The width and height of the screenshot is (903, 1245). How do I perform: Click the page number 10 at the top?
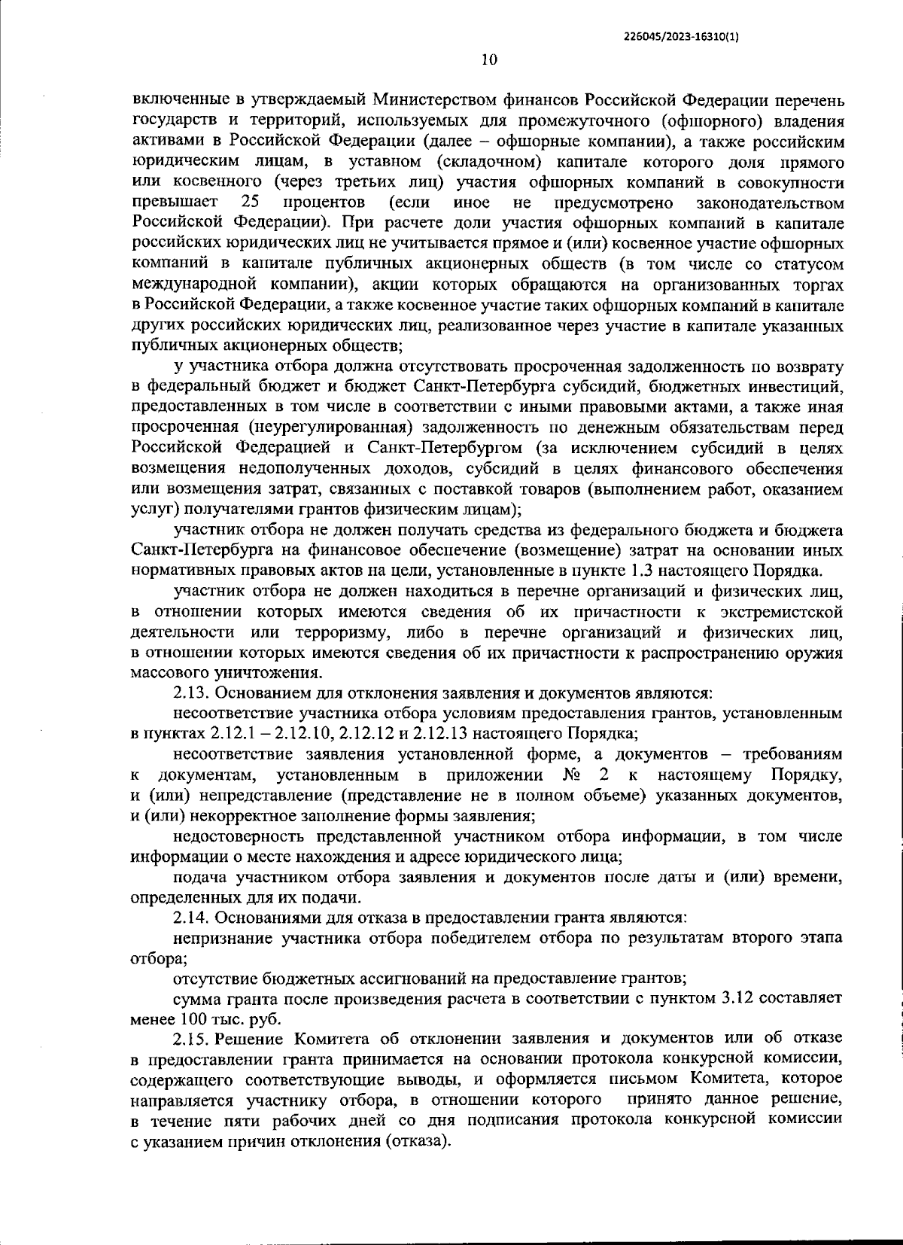pos(488,61)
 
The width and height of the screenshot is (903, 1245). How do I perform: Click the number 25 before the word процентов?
pos(250,202)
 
